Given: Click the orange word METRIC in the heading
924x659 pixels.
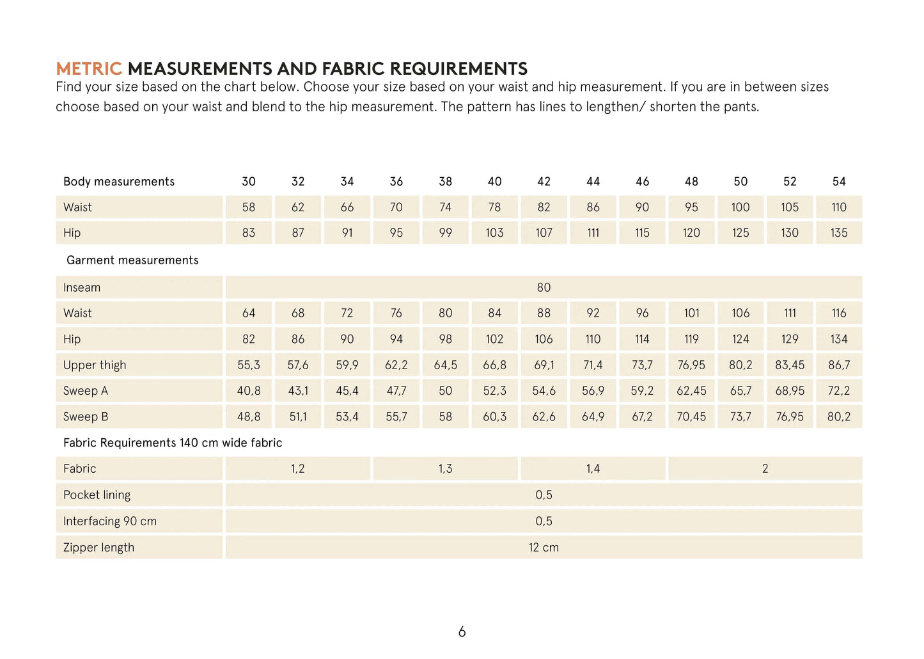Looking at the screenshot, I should tap(88, 68).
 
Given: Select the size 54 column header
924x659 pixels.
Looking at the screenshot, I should tap(839, 182).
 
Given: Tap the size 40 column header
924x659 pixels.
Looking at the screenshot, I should tap(494, 182).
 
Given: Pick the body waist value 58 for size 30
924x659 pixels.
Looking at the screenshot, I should tap(249, 207).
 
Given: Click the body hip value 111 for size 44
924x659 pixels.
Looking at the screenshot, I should tap(593, 233).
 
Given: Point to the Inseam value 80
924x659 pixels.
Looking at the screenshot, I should tap(544, 287).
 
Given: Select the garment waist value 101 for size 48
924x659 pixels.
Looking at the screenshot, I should tap(691, 313).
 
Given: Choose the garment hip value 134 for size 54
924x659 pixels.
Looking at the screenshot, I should tap(839, 339).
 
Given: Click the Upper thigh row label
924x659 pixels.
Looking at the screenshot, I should tap(95, 365).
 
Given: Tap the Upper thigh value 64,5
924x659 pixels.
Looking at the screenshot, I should tap(445, 365).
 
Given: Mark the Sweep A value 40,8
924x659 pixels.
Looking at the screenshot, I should tap(249, 391).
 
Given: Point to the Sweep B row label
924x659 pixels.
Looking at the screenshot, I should tap(86, 417).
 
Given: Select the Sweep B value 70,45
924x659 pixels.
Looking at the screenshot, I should tap(691, 417).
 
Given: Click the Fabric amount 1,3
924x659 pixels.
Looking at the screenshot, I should tap(445, 469).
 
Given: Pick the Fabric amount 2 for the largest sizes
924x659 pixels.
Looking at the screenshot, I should tap(765, 469).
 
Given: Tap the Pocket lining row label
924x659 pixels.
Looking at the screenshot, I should tap(97, 495).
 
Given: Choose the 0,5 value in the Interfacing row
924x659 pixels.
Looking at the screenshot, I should tap(544, 521).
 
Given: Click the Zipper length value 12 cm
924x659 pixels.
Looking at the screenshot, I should tap(544, 548).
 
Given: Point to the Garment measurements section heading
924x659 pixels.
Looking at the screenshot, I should tap(132, 260).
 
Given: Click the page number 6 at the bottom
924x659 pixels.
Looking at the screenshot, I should tap(462, 632).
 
